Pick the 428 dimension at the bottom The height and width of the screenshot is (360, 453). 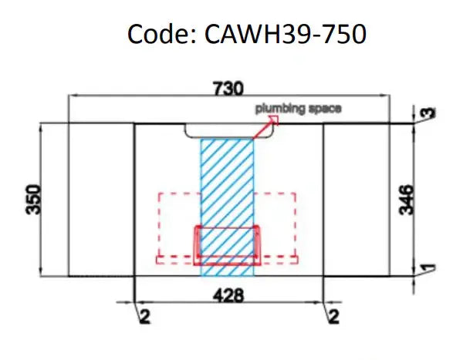point(229,294)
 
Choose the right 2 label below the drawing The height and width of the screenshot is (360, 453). point(332,316)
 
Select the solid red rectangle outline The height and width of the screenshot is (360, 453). point(227,228)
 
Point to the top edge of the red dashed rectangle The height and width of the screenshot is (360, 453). point(177,193)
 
